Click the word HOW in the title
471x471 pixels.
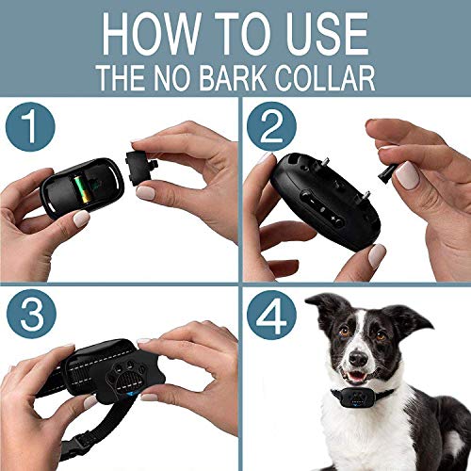[152, 34]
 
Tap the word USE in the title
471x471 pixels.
[327, 34]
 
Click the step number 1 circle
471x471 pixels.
[30, 127]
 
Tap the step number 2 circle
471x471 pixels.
[271, 126]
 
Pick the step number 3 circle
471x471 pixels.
[31, 314]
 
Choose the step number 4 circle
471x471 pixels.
[271, 315]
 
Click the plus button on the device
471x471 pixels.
[334, 219]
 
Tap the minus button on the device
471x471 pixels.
[309, 199]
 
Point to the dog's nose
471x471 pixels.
[358, 357]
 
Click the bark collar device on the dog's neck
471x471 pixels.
[357, 397]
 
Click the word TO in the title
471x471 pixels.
[243, 34]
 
